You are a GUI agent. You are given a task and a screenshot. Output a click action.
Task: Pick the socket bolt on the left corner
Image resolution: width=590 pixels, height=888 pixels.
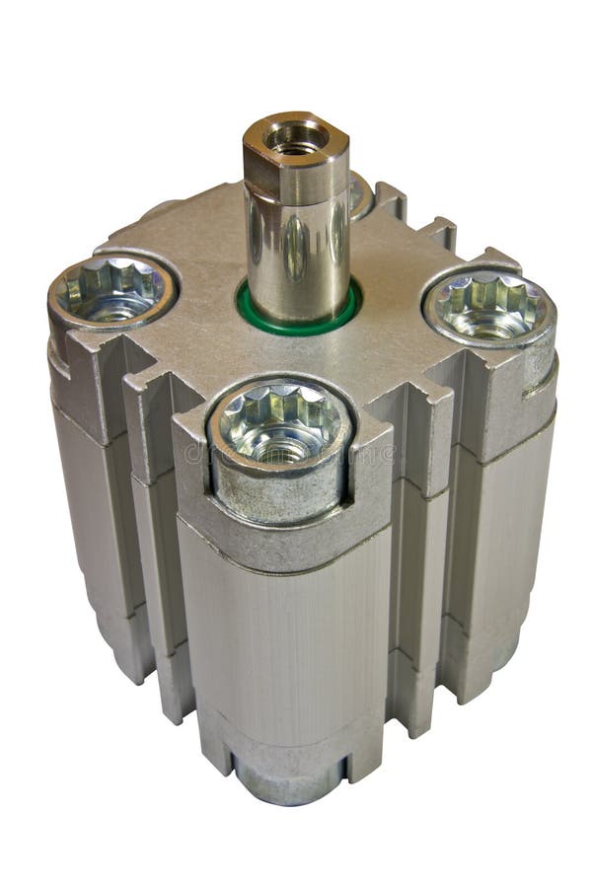pos(111,290)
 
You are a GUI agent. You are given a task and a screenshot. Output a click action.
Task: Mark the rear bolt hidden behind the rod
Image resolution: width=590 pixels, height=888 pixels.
pos(360,192)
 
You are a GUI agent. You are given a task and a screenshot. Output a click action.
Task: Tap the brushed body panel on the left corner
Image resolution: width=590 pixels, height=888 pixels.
pos(89,513)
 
